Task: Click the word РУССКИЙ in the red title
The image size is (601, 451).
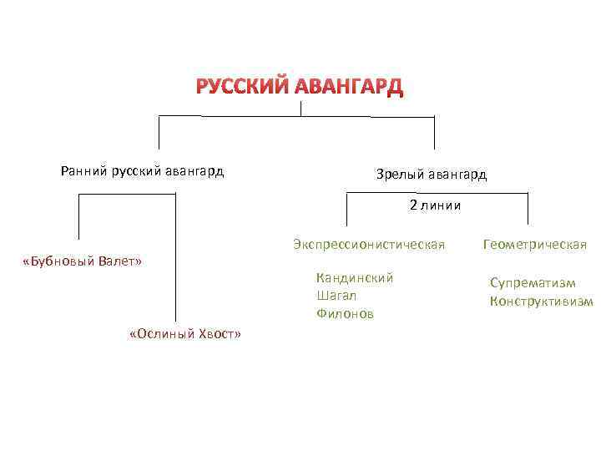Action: pos(244,86)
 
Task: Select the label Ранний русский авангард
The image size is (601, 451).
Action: pos(142,172)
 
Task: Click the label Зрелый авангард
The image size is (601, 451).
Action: pos(432,175)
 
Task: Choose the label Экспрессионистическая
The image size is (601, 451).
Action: pos(369,245)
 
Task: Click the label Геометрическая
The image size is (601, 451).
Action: pos(535,245)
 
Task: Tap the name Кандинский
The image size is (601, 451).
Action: pos(355,277)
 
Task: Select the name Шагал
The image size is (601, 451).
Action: pos(336,296)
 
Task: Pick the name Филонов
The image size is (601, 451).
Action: pos(345,314)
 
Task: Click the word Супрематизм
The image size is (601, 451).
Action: pos(533,283)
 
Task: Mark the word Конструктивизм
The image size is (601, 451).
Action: pos(541,302)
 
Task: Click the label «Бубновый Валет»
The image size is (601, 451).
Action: pos(82,262)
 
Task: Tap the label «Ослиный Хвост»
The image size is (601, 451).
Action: pos(185,334)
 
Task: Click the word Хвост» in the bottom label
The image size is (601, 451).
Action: pos(220,334)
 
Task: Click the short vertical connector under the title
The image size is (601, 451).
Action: pos(300,107)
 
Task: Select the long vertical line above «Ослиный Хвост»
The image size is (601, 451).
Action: pos(176,259)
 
